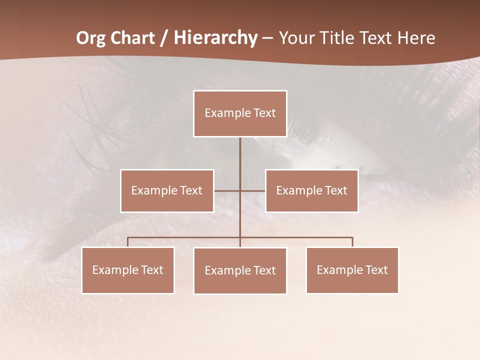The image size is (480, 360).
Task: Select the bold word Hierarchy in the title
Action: (x=215, y=38)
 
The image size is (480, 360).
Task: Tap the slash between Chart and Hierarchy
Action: (x=163, y=38)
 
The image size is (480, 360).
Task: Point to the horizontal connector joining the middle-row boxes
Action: (x=227, y=190)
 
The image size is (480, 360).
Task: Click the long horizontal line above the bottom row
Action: (x=185, y=237)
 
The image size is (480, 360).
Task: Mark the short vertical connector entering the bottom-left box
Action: (x=128, y=242)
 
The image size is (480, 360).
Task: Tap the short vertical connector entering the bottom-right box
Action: (x=352, y=242)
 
